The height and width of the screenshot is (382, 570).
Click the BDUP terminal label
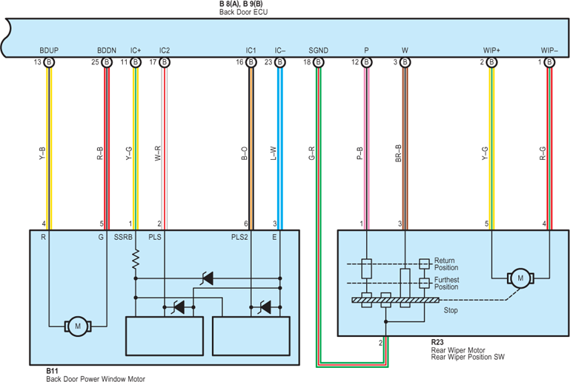(x=49, y=50)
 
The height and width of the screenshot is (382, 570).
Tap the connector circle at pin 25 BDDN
(x=107, y=62)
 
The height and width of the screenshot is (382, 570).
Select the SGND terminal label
(x=319, y=50)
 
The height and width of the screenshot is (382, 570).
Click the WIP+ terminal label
(x=491, y=50)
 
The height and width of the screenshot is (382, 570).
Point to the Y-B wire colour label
(x=42, y=153)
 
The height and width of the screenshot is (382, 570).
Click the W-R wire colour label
(x=158, y=153)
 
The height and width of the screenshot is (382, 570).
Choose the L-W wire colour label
(x=274, y=153)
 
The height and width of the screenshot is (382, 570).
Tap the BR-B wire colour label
(x=399, y=153)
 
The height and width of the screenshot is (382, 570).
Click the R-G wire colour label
(x=543, y=153)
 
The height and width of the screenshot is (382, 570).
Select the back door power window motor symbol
(x=78, y=326)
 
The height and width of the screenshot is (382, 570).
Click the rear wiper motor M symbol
(x=520, y=278)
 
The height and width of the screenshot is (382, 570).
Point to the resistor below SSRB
(x=136, y=259)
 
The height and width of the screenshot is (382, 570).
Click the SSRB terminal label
(x=123, y=237)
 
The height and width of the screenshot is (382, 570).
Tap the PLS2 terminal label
(x=239, y=237)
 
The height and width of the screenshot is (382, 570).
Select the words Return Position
(x=446, y=264)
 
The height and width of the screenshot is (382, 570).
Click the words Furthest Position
(x=446, y=284)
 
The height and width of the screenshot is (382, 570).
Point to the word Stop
(x=451, y=310)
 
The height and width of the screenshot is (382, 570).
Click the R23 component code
(x=437, y=343)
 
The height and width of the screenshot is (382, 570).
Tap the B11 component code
(x=52, y=371)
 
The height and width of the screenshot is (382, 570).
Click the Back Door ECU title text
(x=244, y=12)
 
